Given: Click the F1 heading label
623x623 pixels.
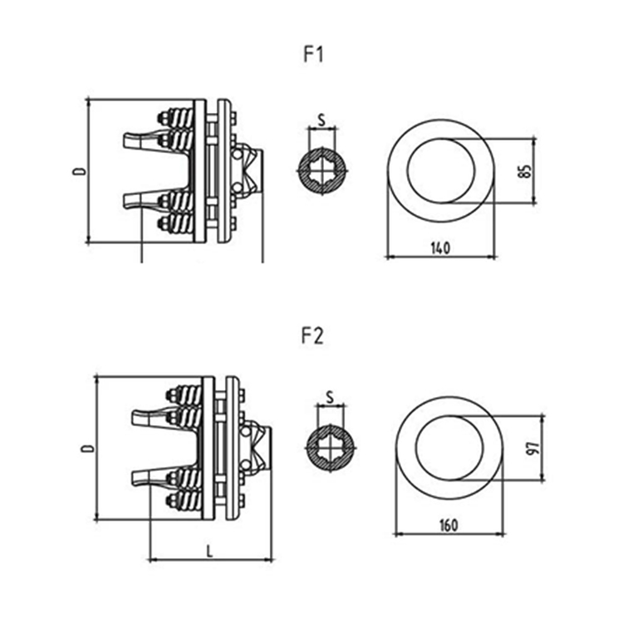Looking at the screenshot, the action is point(313,55).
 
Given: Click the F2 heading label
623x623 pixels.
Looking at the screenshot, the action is point(312,336).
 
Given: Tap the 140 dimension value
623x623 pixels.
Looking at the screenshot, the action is point(440,248).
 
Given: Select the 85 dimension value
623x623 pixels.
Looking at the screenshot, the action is point(525,171).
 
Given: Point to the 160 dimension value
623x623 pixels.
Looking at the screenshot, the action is point(449,525).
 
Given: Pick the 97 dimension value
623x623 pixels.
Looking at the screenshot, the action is point(534,449).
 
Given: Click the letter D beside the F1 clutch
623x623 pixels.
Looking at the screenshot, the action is point(79,171).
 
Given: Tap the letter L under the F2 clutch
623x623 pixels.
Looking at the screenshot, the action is point(210,551).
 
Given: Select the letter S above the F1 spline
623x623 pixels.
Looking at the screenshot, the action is point(321,120).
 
